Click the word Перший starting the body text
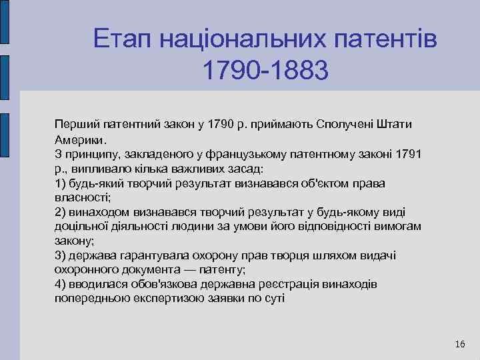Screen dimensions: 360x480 74,125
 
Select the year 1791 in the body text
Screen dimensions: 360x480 407,155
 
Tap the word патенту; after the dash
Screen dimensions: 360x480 221,270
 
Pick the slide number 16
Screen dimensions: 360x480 459,344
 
